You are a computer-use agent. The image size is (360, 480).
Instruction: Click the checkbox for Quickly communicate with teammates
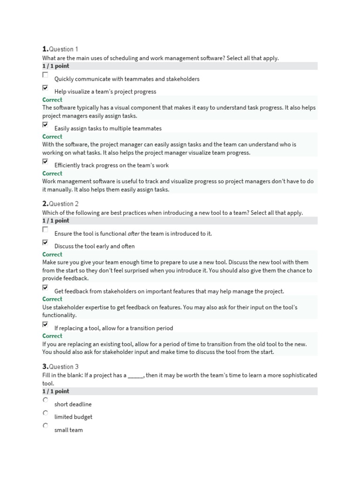(45, 75)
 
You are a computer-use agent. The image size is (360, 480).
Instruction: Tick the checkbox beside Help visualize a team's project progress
(45, 88)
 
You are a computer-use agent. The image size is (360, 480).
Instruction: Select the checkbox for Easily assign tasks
(45, 125)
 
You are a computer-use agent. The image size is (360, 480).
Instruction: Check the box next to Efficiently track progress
(45, 161)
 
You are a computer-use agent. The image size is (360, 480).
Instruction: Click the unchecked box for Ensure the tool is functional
(45, 230)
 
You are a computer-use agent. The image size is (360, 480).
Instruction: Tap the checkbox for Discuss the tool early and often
(45, 242)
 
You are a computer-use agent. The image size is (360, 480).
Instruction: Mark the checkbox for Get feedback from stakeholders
(45, 287)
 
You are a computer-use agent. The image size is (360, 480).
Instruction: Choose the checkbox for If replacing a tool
(45, 324)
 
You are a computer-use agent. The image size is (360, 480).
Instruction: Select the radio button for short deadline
(45, 400)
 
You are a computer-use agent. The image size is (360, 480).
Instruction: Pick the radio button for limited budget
(45, 413)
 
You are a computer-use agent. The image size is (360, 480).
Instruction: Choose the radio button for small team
(45, 426)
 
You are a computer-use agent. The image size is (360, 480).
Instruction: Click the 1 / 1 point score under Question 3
(56, 391)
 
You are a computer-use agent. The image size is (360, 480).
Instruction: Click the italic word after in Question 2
(133, 233)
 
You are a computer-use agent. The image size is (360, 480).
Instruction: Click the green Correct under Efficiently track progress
(52, 173)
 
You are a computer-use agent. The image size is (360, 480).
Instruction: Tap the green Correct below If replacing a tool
(52, 336)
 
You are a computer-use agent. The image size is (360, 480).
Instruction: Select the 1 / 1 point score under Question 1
(56, 66)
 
